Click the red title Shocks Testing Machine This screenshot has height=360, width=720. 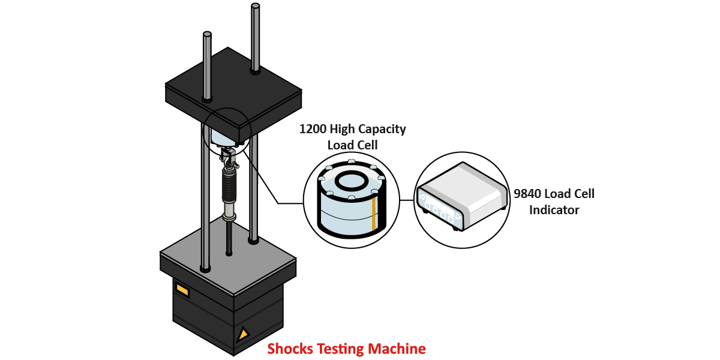click(346, 349)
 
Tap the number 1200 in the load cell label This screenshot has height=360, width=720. click(314, 129)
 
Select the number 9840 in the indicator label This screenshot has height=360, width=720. click(527, 194)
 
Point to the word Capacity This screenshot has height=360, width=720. click(382, 129)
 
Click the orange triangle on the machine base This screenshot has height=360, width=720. click(243, 334)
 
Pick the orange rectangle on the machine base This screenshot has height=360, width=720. click(182, 290)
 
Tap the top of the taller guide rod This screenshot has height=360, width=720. click(256, 7)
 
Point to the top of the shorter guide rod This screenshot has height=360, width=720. click(208, 35)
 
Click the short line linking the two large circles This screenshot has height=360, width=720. click(407, 201)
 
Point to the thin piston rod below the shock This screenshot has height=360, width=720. click(229, 237)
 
